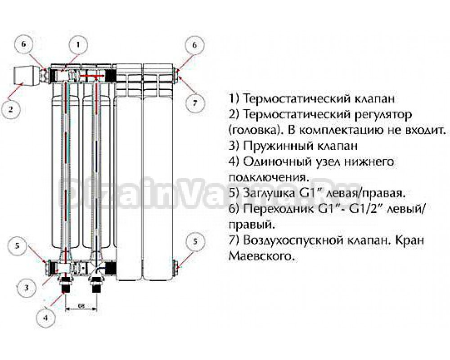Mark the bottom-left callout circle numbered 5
(17, 246)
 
